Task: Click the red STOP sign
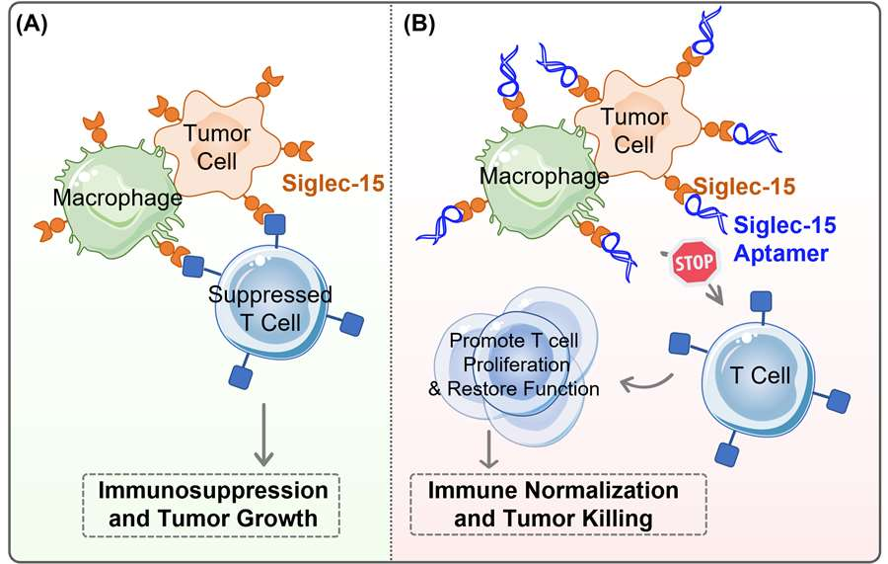tap(694, 262)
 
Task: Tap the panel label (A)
tap(32, 25)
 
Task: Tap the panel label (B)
tap(419, 25)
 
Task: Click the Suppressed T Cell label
tap(270, 308)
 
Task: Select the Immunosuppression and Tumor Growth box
tap(212, 505)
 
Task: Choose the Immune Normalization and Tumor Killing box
tap(558, 505)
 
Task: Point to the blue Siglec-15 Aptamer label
tap(784, 239)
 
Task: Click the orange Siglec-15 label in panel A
tap(333, 183)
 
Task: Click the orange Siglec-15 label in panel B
tap(745, 186)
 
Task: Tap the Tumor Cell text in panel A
tap(217, 147)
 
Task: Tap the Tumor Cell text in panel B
tap(634, 131)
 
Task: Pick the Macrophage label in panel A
tap(117, 198)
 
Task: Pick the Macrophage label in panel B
tap(545, 176)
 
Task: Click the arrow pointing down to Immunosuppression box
tap(263, 435)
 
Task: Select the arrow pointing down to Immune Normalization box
tap(488, 448)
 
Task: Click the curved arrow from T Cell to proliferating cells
tap(645, 386)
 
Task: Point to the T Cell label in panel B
tap(760, 375)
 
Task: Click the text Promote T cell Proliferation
tap(514, 352)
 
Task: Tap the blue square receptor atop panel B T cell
tap(761, 302)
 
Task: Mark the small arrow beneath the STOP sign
tap(716, 293)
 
